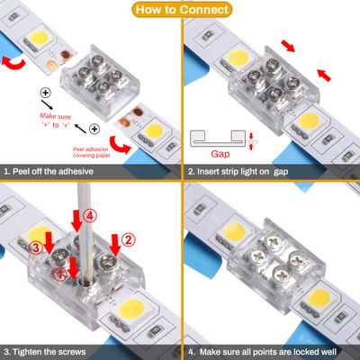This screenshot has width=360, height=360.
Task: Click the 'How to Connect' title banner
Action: pos(180,10)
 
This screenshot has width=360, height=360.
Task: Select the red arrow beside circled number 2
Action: pos(114,242)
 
